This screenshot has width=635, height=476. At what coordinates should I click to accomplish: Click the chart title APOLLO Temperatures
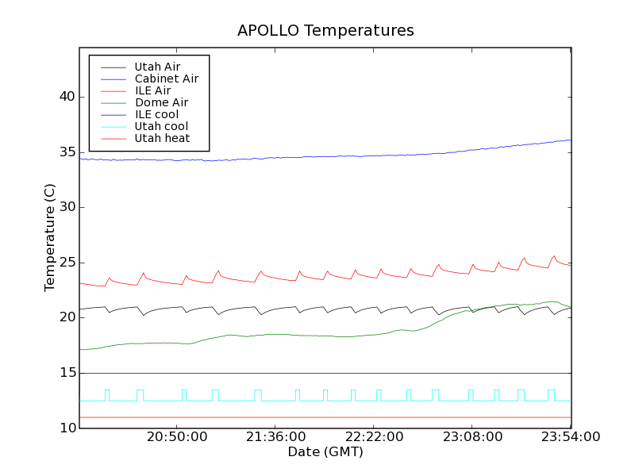tap(325, 31)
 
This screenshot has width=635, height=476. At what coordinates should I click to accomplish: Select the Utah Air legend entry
tap(157, 67)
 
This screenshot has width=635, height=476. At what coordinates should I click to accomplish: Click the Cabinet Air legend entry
tap(166, 79)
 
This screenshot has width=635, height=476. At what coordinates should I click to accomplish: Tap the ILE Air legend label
tap(152, 90)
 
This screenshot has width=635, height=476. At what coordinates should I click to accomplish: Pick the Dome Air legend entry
tap(161, 102)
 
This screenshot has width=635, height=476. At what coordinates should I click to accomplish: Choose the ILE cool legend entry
tap(156, 114)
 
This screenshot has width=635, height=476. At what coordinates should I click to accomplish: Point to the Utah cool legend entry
tap(161, 126)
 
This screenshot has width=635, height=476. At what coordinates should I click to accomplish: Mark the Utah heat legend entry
tap(161, 138)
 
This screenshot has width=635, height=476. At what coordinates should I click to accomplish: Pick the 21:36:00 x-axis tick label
tap(275, 437)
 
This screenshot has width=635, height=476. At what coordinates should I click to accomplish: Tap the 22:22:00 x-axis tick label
tap(373, 437)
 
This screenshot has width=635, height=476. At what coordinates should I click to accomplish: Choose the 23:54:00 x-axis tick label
tap(570, 437)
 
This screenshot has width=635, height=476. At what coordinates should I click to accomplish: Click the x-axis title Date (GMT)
tap(325, 452)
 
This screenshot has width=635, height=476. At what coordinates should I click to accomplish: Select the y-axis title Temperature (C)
tap(50, 238)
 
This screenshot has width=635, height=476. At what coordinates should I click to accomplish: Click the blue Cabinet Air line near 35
tap(317, 156)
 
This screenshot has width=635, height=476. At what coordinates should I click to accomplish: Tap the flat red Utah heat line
tap(317, 417)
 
